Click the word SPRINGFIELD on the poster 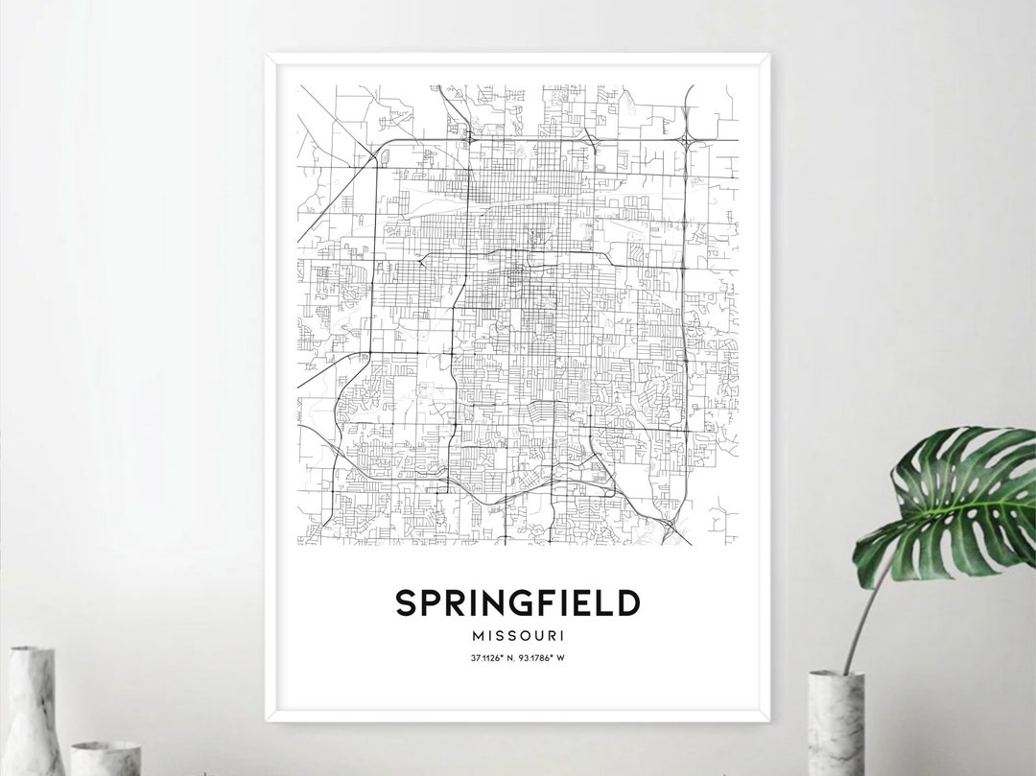517,603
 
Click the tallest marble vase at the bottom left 35,709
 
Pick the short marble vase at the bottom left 106,757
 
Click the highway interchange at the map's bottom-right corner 671,524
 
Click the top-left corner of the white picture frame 268,57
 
